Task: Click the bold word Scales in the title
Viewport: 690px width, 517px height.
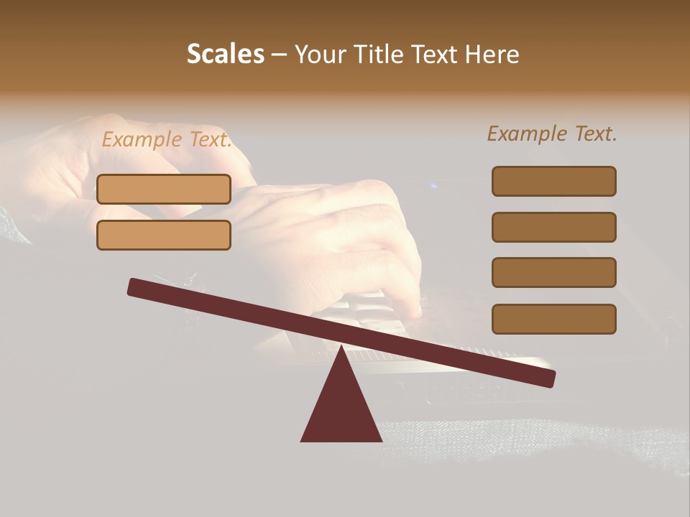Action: coord(225,54)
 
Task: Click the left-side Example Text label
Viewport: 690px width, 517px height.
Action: coord(167,140)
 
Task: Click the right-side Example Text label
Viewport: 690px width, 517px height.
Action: coord(552,134)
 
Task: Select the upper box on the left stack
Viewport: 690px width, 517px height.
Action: coord(164,189)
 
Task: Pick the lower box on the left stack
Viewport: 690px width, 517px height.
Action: coord(164,235)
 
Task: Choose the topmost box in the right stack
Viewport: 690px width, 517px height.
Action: coord(554,181)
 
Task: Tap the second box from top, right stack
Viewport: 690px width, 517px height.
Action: coord(554,227)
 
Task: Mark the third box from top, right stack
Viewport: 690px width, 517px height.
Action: coord(554,272)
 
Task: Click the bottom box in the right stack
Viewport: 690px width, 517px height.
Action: coord(554,319)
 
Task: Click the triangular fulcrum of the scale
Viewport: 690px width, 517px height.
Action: coord(341,409)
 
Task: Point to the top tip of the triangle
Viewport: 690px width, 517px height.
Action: coord(341,348)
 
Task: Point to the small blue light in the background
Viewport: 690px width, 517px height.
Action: coord(433,187)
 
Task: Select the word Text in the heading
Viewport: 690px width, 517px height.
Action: coord(431,54)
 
